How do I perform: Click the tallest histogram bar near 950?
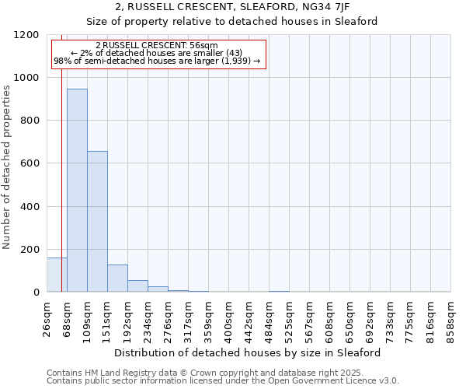(x=77, y=191)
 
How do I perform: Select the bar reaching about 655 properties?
(x=97, y=222)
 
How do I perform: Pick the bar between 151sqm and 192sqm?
(x=117, y=279)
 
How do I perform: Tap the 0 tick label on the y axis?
(x=36, y=293)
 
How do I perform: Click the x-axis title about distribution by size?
(x=249, y=352)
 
